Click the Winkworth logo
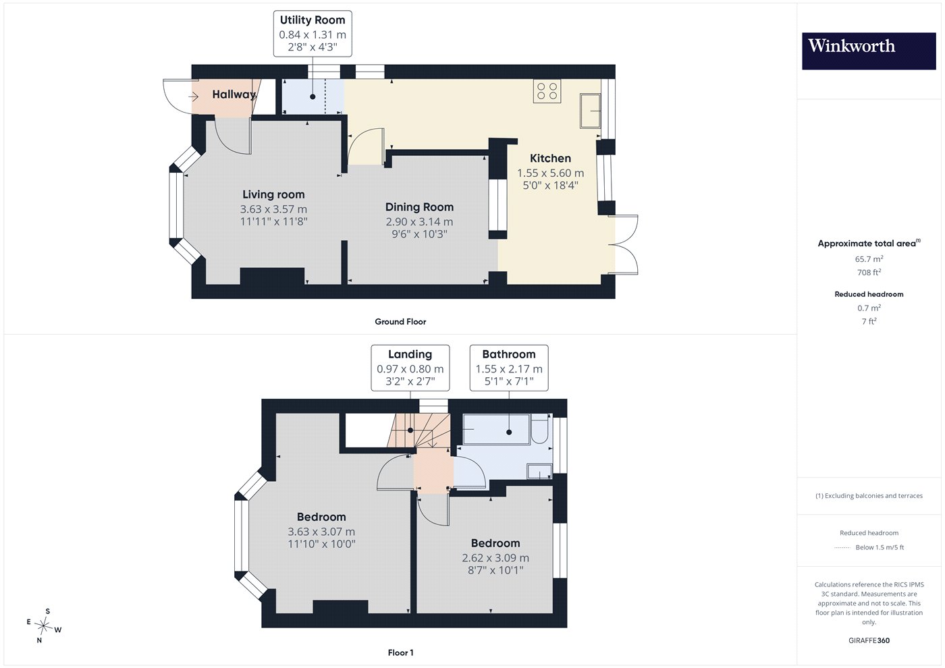[869, 51]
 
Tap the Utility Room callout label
[313, 34]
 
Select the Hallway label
[234, 94]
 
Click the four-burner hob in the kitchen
[547, 91]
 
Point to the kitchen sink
[590, 111]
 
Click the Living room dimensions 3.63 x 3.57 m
[273, 208]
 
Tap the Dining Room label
[419, 207]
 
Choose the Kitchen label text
[550, 158]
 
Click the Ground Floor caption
[400, 321]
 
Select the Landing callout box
[410, 368]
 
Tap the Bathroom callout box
[509, 368]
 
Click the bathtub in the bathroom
[496, 429]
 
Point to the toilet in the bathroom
[539, 428]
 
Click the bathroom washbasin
[539, 472]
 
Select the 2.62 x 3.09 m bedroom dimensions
[495, 557]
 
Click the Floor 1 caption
[400, 652]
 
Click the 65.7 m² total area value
[869, 258]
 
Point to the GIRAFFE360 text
[869, 640]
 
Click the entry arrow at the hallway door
[193, 97]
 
